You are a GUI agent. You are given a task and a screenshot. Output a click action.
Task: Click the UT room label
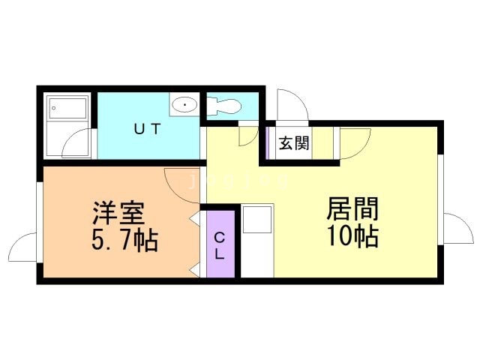(146, 128)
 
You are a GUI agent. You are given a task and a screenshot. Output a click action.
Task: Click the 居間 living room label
(351, 208)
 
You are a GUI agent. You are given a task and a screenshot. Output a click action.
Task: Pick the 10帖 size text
(351, 236)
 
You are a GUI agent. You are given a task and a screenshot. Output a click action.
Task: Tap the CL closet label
(219, 245)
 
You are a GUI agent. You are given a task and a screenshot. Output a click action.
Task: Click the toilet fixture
(223, 106)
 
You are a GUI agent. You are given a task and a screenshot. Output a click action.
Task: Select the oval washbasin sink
(184, 106)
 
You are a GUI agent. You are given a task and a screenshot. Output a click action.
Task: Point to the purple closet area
(220, 244)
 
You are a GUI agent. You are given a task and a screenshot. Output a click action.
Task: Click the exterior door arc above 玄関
(288, 104)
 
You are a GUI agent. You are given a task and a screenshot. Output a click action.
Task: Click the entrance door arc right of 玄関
(350, 144)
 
